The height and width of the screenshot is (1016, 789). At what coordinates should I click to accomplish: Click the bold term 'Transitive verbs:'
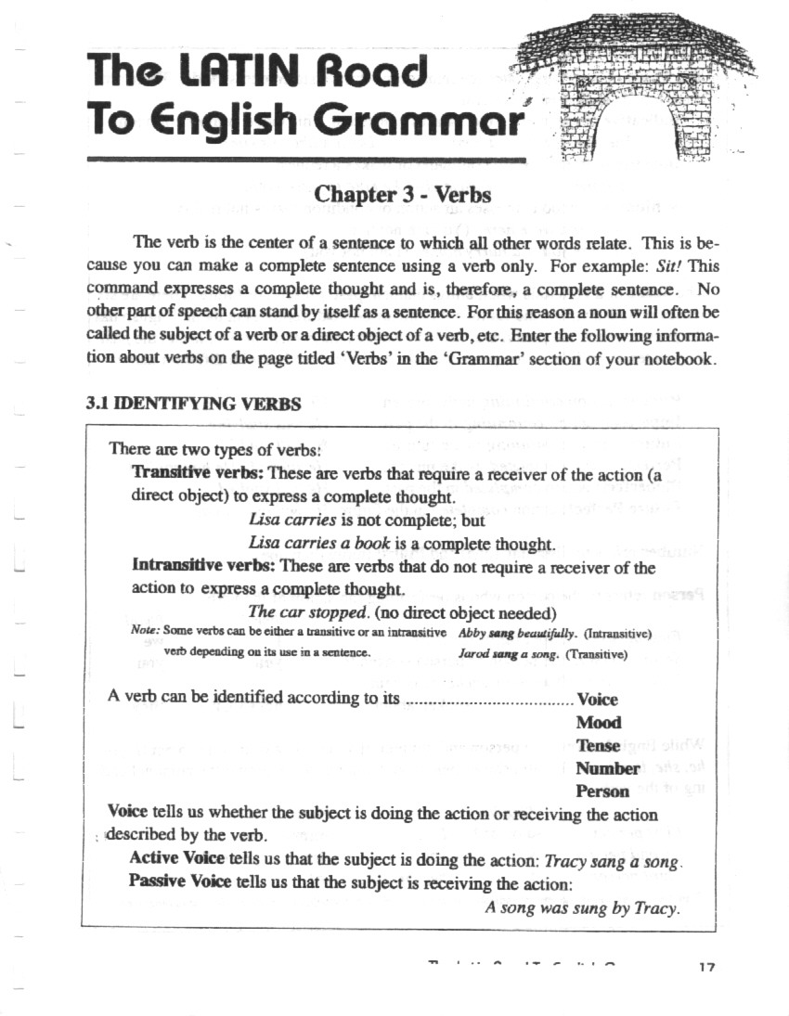197,472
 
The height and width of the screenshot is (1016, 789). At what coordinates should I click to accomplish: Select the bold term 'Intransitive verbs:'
203,566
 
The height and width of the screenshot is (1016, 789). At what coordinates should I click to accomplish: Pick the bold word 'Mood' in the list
599,723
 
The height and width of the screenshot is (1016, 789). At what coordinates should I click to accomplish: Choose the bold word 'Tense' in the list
598,746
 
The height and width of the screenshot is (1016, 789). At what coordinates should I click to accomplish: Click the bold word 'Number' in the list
607,769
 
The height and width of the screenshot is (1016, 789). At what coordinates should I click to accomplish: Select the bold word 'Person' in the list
602,792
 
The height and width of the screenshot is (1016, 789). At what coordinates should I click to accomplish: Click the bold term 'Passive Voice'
182,881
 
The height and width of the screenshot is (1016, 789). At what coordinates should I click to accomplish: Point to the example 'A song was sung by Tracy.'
583,908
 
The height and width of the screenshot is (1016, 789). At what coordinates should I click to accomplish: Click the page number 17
706,968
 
